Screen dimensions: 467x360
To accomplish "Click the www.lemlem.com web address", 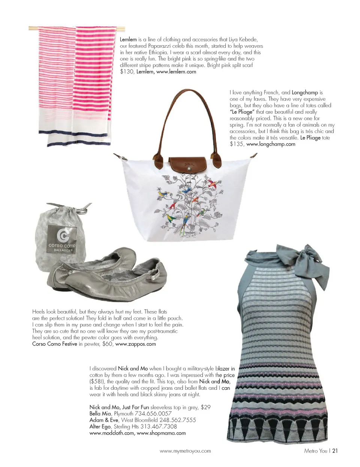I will [x=176, y=72].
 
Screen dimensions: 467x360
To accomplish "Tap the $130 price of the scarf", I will [x=127, y=72].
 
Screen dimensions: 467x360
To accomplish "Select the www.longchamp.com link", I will [x=271, y=144].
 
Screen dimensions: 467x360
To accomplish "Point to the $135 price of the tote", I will [x=236, y=144].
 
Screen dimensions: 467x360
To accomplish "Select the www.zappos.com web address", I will [x=135, y=344].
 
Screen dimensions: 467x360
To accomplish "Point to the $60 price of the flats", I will [x=107, y=344].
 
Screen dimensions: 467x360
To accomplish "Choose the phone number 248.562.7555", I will [x=177, y=420].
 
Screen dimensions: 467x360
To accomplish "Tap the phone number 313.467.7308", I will [x=158, y=426].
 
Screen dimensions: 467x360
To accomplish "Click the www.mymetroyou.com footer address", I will [x=185, y=451].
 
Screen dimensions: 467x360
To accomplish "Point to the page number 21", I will [x=335, y=451].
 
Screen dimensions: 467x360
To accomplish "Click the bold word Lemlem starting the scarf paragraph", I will [x=128, y=39].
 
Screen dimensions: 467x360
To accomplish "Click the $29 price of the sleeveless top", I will [x=205, y=407].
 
